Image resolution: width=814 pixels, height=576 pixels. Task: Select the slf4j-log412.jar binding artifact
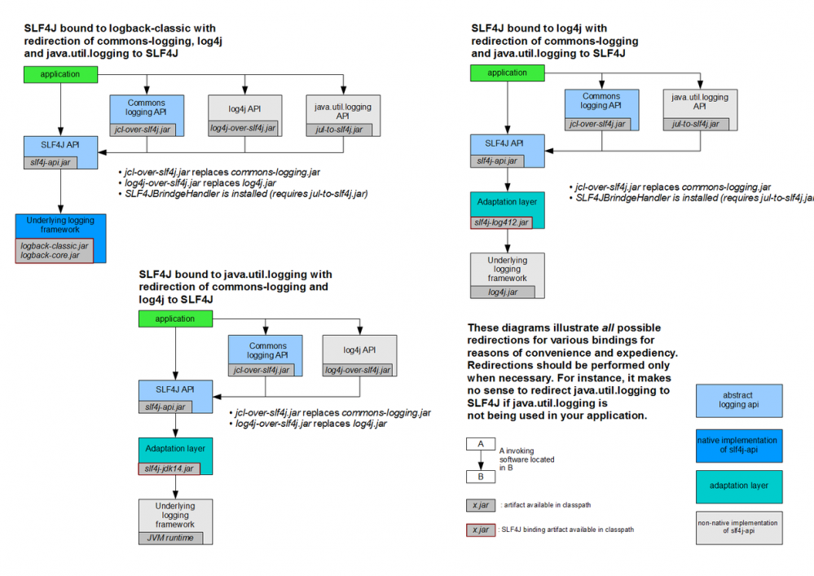click(501, 222)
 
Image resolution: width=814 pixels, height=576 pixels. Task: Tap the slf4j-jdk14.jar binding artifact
click(169, 468)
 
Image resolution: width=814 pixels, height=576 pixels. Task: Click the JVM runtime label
click(170, 538)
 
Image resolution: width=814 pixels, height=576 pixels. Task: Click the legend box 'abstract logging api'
click(738, 400)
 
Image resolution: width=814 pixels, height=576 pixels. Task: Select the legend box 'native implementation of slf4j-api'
click(738, 445)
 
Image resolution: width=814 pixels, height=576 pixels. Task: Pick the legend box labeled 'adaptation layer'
click(738, 486)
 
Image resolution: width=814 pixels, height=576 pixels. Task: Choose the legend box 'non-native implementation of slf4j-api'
click(738, 527)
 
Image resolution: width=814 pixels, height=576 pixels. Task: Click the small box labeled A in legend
click(481, 444)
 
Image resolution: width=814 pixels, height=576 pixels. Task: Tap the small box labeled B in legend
click(481, 477)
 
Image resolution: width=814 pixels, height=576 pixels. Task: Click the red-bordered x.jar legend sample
click(481, 530)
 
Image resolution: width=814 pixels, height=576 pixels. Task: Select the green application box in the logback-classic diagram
click(60, 74)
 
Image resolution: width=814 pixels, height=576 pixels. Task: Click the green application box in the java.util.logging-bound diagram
click(175, 319)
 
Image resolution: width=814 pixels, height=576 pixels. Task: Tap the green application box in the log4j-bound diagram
click(508, 73)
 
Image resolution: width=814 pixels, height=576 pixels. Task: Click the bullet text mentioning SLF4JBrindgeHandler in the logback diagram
click(244, 194)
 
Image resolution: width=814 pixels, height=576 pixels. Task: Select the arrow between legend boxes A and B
click(481, 460)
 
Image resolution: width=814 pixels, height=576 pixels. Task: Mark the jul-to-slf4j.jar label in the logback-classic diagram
click(342, 129)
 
